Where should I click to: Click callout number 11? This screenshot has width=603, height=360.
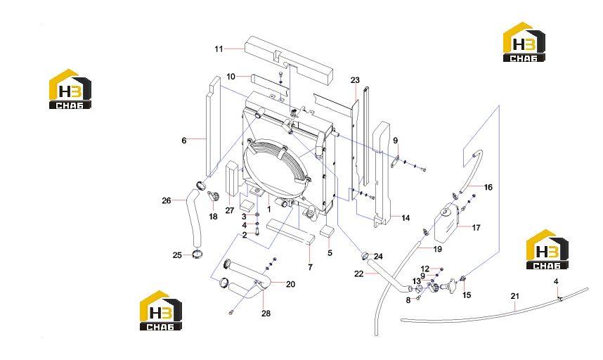(x=219, y=49)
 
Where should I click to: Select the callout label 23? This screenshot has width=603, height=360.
(x=355, y=80)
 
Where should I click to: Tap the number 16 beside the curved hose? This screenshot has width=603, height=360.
(x=488, y=187)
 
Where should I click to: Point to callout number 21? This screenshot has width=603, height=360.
(x=515, y=296)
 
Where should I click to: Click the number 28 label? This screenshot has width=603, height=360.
(x=266, y=314)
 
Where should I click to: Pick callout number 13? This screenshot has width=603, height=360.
(x=417, y=281)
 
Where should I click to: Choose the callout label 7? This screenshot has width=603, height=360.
(x=311, y=267)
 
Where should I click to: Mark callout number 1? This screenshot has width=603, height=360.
(x=268, y=210)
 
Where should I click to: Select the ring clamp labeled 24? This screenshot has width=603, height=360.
(x=364, y=255)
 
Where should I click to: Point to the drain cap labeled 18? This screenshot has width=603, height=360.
(x=213, y=196)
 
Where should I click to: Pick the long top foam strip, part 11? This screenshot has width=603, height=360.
(x=288, y=60)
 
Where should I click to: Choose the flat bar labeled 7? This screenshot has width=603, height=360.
(x=290, y=231)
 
